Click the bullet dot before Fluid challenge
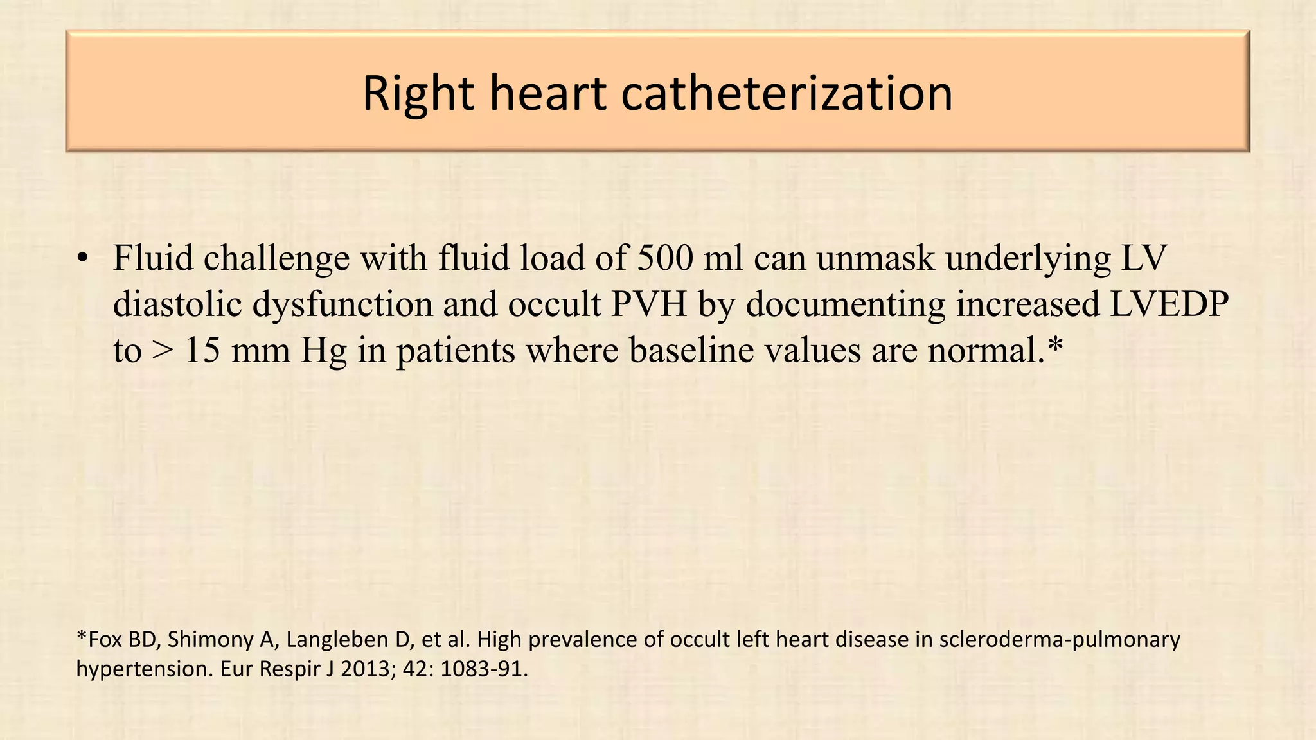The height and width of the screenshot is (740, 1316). click(81, 259)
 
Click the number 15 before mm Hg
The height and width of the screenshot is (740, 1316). click(202, 351)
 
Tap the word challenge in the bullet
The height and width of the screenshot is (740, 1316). click(277, 259)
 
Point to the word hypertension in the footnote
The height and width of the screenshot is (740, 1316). click(143, 670)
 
